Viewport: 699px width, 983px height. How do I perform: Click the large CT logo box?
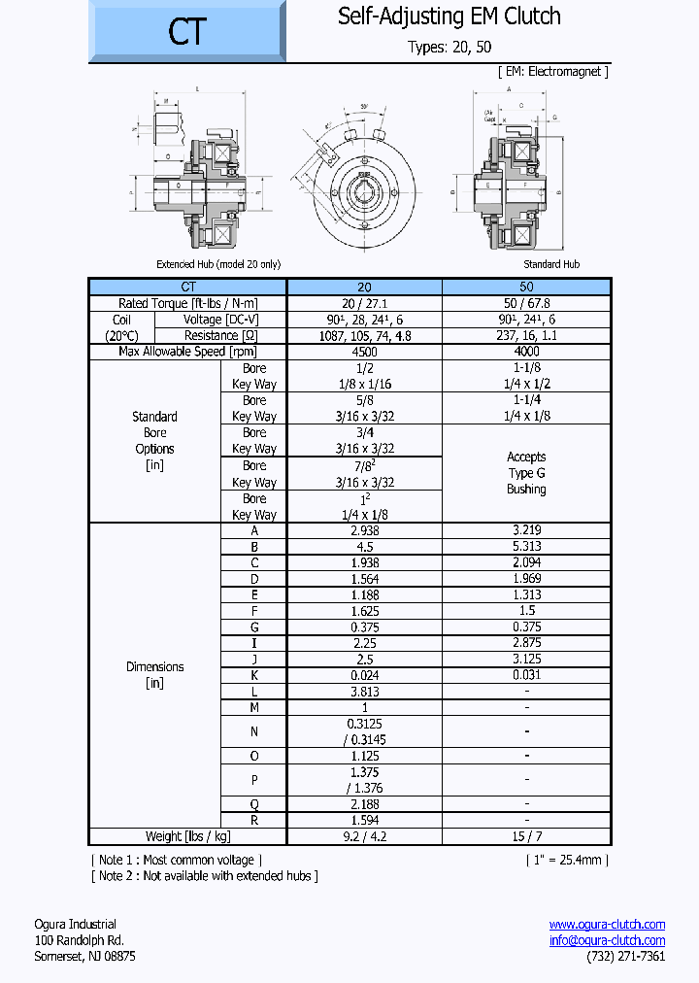pyautogui.click(x=187, y=31)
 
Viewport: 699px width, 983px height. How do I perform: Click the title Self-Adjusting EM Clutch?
pyautogui.click(x=449, y=17)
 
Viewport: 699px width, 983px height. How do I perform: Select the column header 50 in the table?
pyautogui.click(x=526, y=287)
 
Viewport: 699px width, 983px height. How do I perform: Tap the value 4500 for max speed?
pyautogui.click(x=364, y=352)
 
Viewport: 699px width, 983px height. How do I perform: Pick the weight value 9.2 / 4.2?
pyautogui.click(x=364, y=836)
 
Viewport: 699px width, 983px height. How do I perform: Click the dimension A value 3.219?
pyautogui.click(x=526, y=530)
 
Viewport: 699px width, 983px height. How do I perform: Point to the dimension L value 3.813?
pyautogui.click(x=364, y=691)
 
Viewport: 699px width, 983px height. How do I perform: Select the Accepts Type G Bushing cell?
pyautogui.click(x=526, y=473)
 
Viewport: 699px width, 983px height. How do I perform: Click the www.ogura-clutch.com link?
pyautogui.click(x=607, y=924)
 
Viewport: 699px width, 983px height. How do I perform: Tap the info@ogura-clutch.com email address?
pyautogui.click(x=607, y=940)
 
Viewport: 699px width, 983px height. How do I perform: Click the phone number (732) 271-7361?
pyautogui.click(x=626, y=957)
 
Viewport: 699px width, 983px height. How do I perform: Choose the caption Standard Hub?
pyautogui.click(x=551, y=264)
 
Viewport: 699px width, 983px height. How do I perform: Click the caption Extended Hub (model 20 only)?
pyautogui.click(x=218, y=264)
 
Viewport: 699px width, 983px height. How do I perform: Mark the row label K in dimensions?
pyautogui.click(x=254, y=675)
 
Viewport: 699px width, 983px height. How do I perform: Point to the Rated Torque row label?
pyautogui.click(x=187, y=303)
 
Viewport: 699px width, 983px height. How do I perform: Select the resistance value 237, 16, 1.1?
pyautogui.click(x=526, y=335)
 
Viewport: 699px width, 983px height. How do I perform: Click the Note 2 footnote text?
pyautogui.click(x=205, y=876)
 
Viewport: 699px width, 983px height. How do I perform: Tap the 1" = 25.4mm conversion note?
pyautogui.click(x=568, y=860)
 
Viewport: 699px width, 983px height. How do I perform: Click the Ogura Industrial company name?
pyautogui.click(x=75, y=924)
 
